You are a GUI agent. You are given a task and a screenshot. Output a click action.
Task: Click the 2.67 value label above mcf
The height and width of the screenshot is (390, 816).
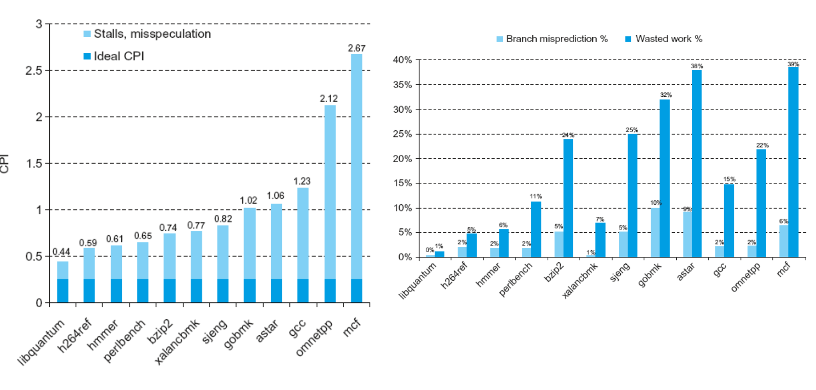pos(356,48)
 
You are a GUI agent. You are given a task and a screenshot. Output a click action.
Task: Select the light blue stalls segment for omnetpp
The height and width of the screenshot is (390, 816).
pos(330,192)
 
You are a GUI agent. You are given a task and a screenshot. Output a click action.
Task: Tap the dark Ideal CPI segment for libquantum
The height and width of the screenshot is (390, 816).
pos(63,291)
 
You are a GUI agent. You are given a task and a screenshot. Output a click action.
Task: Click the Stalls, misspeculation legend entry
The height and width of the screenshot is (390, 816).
pos(147,34)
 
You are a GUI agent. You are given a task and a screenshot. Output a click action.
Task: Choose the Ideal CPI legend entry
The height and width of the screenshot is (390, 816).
pos(114,56)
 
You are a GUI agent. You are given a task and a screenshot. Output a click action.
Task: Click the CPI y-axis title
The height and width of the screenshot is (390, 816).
pos(4,163)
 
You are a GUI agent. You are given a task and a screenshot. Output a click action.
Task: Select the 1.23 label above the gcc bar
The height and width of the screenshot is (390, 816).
pos(302,181)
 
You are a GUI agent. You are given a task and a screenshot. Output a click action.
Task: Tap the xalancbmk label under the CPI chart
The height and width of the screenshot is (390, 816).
pos(177,342)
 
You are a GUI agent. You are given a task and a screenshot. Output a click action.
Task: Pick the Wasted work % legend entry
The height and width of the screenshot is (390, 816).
pos(664,39)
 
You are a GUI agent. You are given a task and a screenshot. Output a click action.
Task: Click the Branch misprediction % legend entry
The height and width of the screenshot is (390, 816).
pos(552,39)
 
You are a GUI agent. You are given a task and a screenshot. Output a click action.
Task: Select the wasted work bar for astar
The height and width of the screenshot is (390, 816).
pos(697,164)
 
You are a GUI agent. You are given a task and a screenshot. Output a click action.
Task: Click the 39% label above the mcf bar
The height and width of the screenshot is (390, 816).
pos(793,64)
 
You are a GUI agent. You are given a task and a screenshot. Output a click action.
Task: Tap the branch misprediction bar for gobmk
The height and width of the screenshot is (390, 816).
pos(656,233)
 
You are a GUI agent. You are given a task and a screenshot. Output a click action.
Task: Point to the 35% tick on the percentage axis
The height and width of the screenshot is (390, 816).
pos(402,85)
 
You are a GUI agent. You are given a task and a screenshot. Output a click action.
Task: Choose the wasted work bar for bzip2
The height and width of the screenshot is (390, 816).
pos(568,198)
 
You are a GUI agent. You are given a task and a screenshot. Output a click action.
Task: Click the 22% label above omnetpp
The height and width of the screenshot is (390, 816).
pos(762,145)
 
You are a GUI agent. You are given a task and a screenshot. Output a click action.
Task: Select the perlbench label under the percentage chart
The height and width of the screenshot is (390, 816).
pos(515,278)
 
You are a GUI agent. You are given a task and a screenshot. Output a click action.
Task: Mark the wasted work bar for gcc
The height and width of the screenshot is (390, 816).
pos(729,221)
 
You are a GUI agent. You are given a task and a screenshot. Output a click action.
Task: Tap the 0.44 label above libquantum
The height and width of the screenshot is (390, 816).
pos(61,252)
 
